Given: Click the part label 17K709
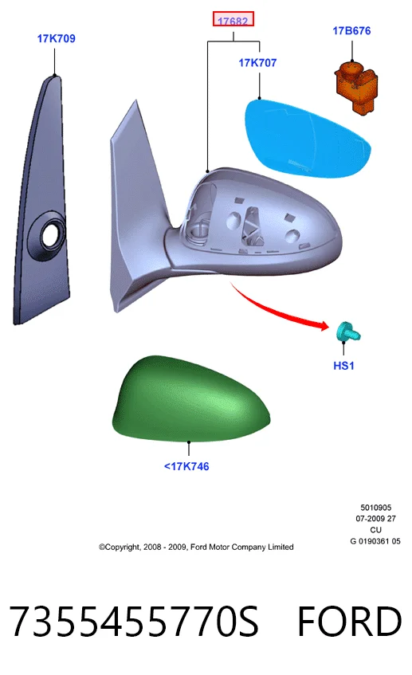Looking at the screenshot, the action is point(56,39).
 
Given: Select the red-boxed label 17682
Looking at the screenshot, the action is point(233,19).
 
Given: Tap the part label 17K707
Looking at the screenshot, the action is point(257,63).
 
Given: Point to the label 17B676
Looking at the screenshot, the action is point(351,30).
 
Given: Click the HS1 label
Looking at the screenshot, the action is point(343,366).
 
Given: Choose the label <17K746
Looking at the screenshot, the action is point(186,467).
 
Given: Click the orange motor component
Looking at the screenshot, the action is point(356,87).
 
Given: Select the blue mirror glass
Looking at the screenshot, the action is point(307,138).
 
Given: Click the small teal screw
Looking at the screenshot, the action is point(348,332).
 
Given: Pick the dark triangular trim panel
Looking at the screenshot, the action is point(42,200).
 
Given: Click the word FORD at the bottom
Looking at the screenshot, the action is point(349,621).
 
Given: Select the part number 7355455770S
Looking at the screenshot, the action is point(133,621).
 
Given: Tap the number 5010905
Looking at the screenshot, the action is point(376,508).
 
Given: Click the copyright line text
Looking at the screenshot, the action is point(196,547).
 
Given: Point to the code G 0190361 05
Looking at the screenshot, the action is point(375,541).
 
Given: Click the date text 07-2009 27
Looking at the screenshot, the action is point(376,519).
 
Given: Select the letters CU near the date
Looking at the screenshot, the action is point(376,530).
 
